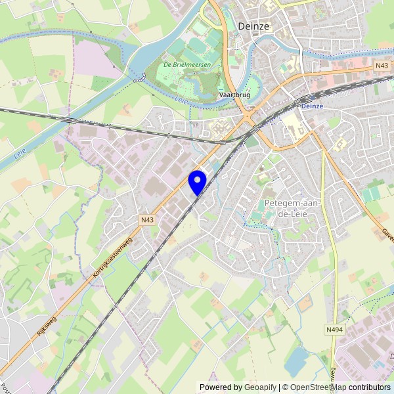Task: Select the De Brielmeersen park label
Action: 185,65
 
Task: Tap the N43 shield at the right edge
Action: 382,66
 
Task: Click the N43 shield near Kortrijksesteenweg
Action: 147,220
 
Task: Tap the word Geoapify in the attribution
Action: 260,387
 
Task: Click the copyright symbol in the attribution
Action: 285,387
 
